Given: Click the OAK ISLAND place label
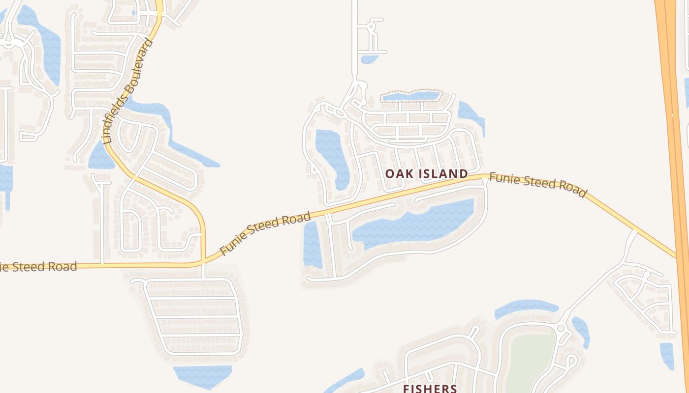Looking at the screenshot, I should [426, 173].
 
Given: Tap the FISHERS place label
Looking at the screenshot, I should [430, 388].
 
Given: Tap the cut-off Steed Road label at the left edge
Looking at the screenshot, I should [38, 267].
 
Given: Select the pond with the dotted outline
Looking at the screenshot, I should [411, 96].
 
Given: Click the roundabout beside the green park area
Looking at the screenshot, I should [561, 328].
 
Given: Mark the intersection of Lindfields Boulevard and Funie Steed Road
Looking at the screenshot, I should [203, 262].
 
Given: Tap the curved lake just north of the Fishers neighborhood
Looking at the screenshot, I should [526, 308].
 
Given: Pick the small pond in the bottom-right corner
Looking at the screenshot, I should [667, 355].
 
